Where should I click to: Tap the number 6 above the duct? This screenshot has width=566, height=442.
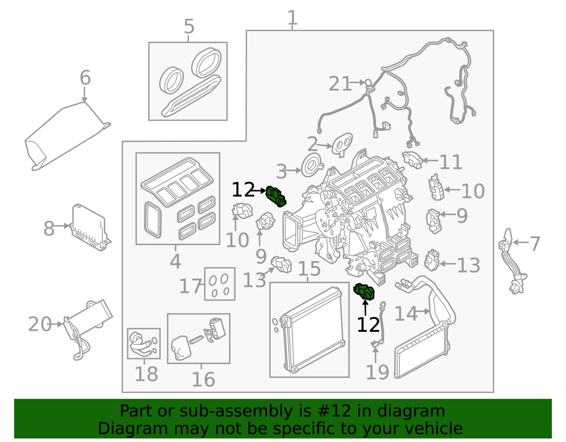coord(85,78)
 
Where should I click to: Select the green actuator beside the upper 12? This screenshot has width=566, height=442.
coord(276,196)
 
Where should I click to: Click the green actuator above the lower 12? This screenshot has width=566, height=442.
coord(364,292)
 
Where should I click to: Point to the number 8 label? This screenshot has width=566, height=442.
coord(49,228)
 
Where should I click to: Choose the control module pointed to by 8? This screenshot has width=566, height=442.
coord(90,228)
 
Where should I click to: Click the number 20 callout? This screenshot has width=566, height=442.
coord(40,324)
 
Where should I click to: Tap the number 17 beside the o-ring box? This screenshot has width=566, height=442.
coord(191,286)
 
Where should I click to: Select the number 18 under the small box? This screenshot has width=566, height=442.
coord(146,374)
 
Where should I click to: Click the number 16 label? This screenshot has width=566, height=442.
coord(203,379)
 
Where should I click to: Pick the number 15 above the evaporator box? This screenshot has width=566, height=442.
coord(309,269)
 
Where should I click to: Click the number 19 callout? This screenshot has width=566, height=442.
coord(377,372)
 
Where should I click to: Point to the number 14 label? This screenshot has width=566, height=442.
coord(406,314)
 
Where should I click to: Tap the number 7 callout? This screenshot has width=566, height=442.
coord(535,244)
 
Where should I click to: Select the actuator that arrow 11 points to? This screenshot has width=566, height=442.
coord(412,160)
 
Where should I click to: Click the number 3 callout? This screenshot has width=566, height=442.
coord(281,171)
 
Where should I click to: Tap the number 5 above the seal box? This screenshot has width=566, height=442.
coord(189,26)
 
